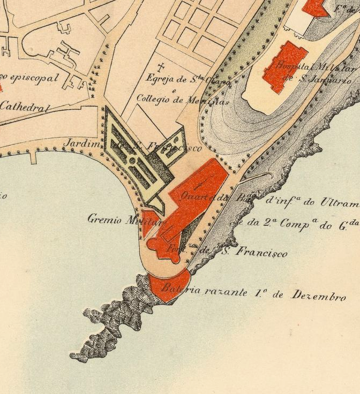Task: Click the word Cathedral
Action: coord(24,106)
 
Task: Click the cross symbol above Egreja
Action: coord(160,69)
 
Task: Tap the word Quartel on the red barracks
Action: coord(194,195)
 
